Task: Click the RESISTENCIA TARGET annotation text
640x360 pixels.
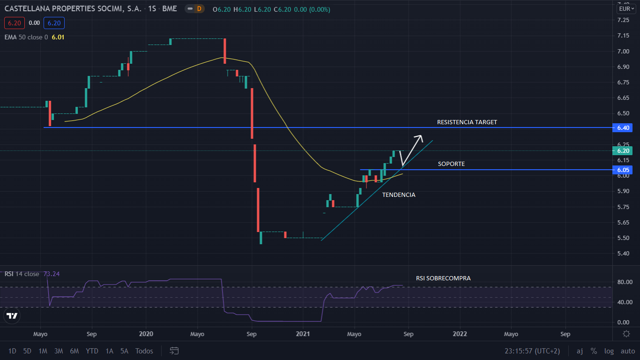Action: [x=467, y=122]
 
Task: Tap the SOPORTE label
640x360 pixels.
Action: [x=451, y=164]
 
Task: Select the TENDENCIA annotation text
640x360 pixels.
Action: [x=398, y=195]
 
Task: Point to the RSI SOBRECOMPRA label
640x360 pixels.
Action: [x=443, y=278]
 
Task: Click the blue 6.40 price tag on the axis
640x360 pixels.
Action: [x=624, y=127]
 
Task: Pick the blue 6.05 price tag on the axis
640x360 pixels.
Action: [x=624, y=170]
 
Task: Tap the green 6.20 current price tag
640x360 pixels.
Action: [x=624, y=151]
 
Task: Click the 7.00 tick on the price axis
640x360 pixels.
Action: [x=623, y=51]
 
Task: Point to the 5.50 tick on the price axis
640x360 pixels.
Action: [x=623, y=238]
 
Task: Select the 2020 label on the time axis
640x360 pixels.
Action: [x=146, y=334]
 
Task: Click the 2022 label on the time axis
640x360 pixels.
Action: [x=460, y=334]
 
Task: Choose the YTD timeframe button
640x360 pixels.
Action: [x=92, y=351]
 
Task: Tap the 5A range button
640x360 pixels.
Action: [x=124, y=351]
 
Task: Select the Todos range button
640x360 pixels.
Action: [x=144, y=351]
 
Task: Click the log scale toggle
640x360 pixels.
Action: [x=609, y=351]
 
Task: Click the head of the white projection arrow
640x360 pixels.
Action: [x=420, y=136]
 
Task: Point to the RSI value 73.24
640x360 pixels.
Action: [x=52, y=274]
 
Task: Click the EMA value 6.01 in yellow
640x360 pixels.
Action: [x=58, y=37]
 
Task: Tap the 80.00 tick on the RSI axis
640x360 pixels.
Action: [x=623, y=282]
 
